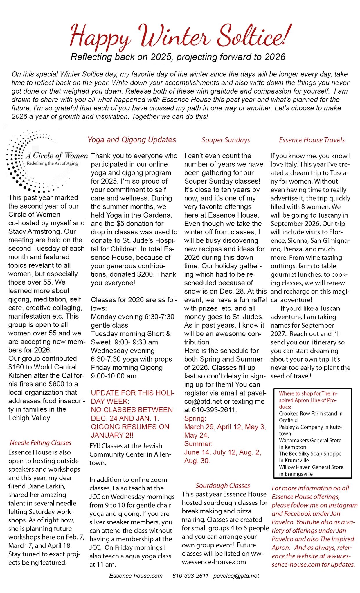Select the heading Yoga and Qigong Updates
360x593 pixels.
[132, 140]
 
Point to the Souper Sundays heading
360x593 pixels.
[226, 140]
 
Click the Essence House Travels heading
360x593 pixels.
[312, 140]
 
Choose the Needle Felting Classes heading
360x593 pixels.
[41, 443]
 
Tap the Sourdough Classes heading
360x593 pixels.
[223, 486]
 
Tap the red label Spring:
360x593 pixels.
[195, 418]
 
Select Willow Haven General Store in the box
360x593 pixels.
[311, 467]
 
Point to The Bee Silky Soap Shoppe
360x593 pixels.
[310, 454]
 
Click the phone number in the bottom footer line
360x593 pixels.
[190, 576]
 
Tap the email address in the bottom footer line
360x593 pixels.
[236, 576]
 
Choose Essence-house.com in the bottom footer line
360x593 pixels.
[136, 576]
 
